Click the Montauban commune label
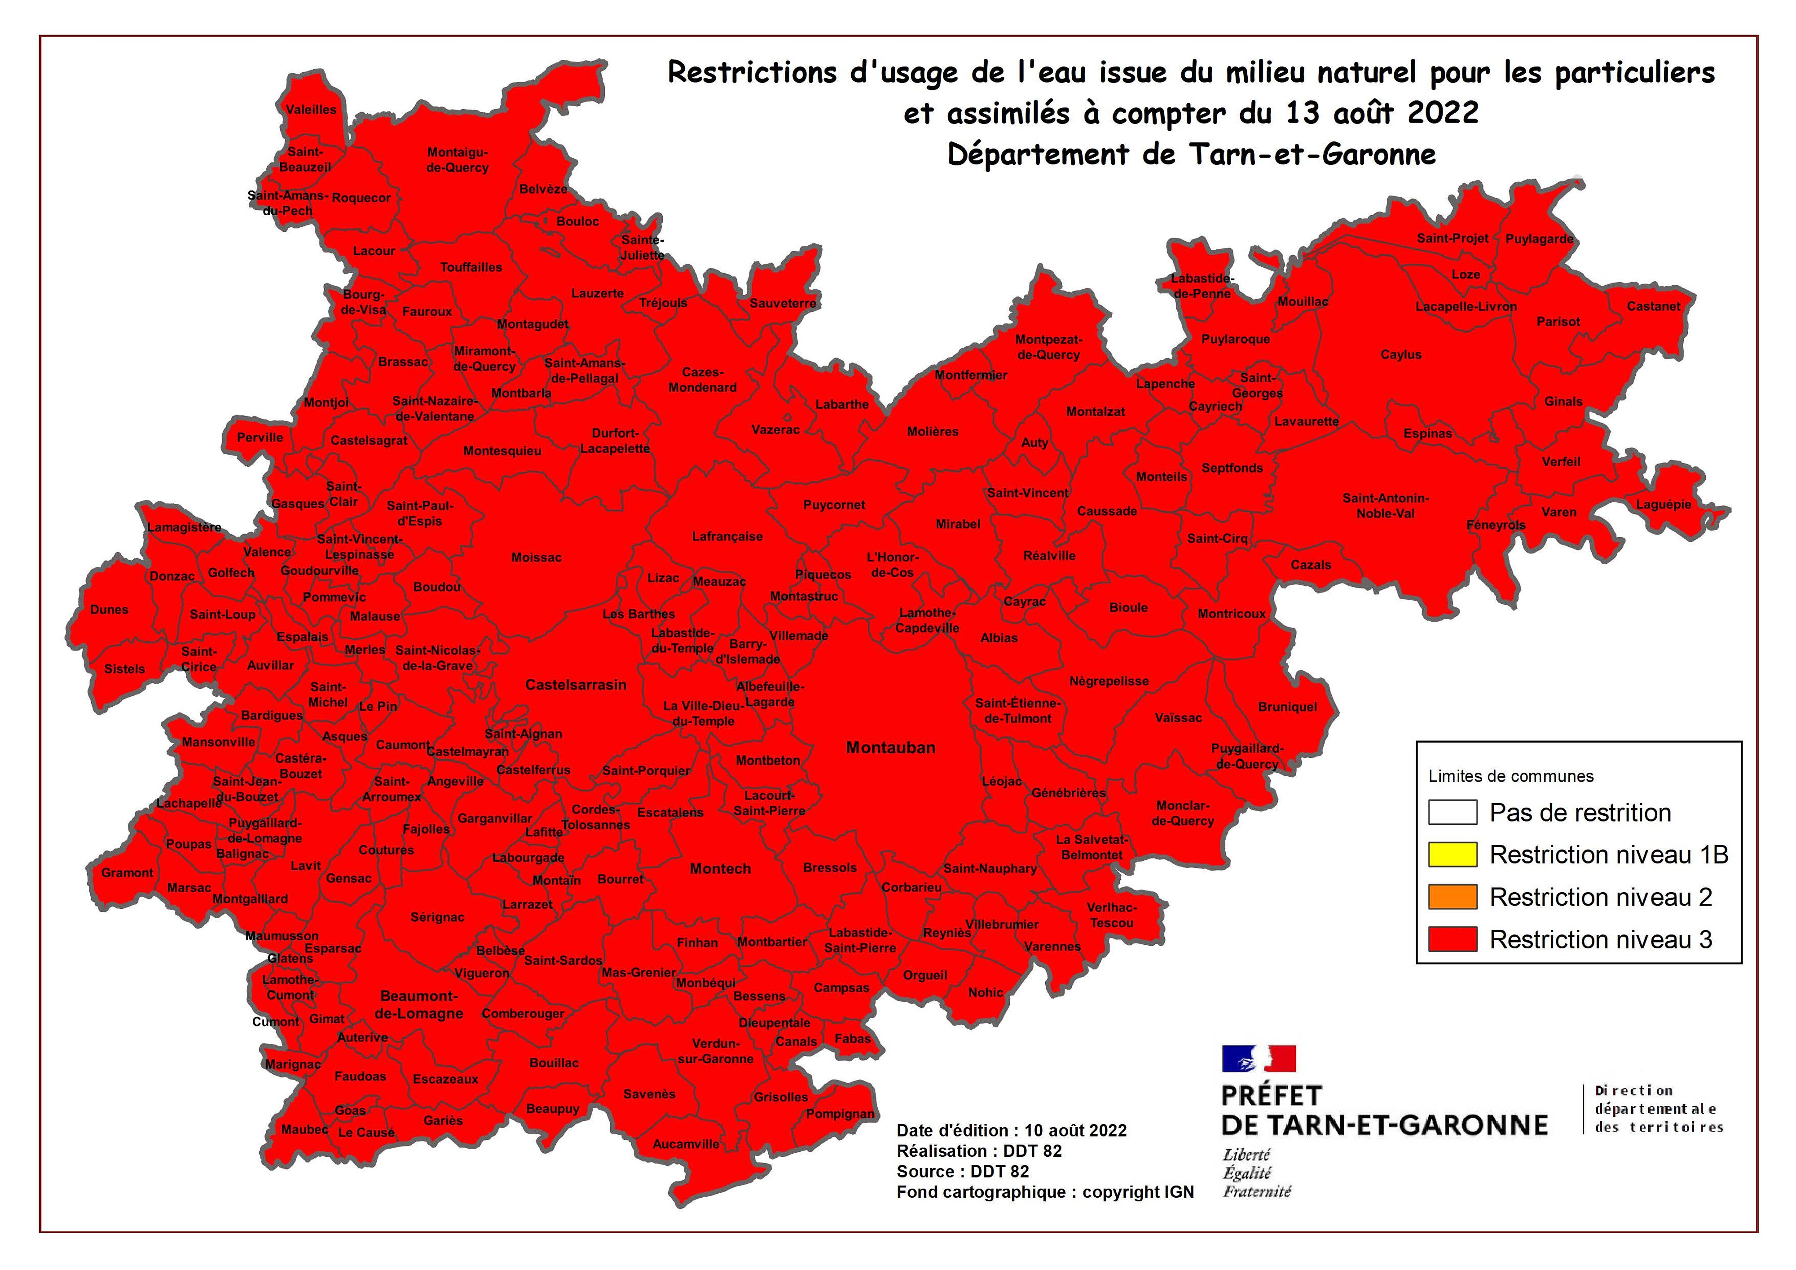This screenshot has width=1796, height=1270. (x=890, y=748)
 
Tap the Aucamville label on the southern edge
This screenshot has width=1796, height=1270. (x=686, y=1144)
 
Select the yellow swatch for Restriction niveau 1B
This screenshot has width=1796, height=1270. (x=1453, y=854)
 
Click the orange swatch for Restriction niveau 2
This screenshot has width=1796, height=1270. (x=1453, y=897)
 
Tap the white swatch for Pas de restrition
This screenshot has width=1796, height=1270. (x=1453, y=812)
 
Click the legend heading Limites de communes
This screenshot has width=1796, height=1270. (x=1510, y=776)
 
